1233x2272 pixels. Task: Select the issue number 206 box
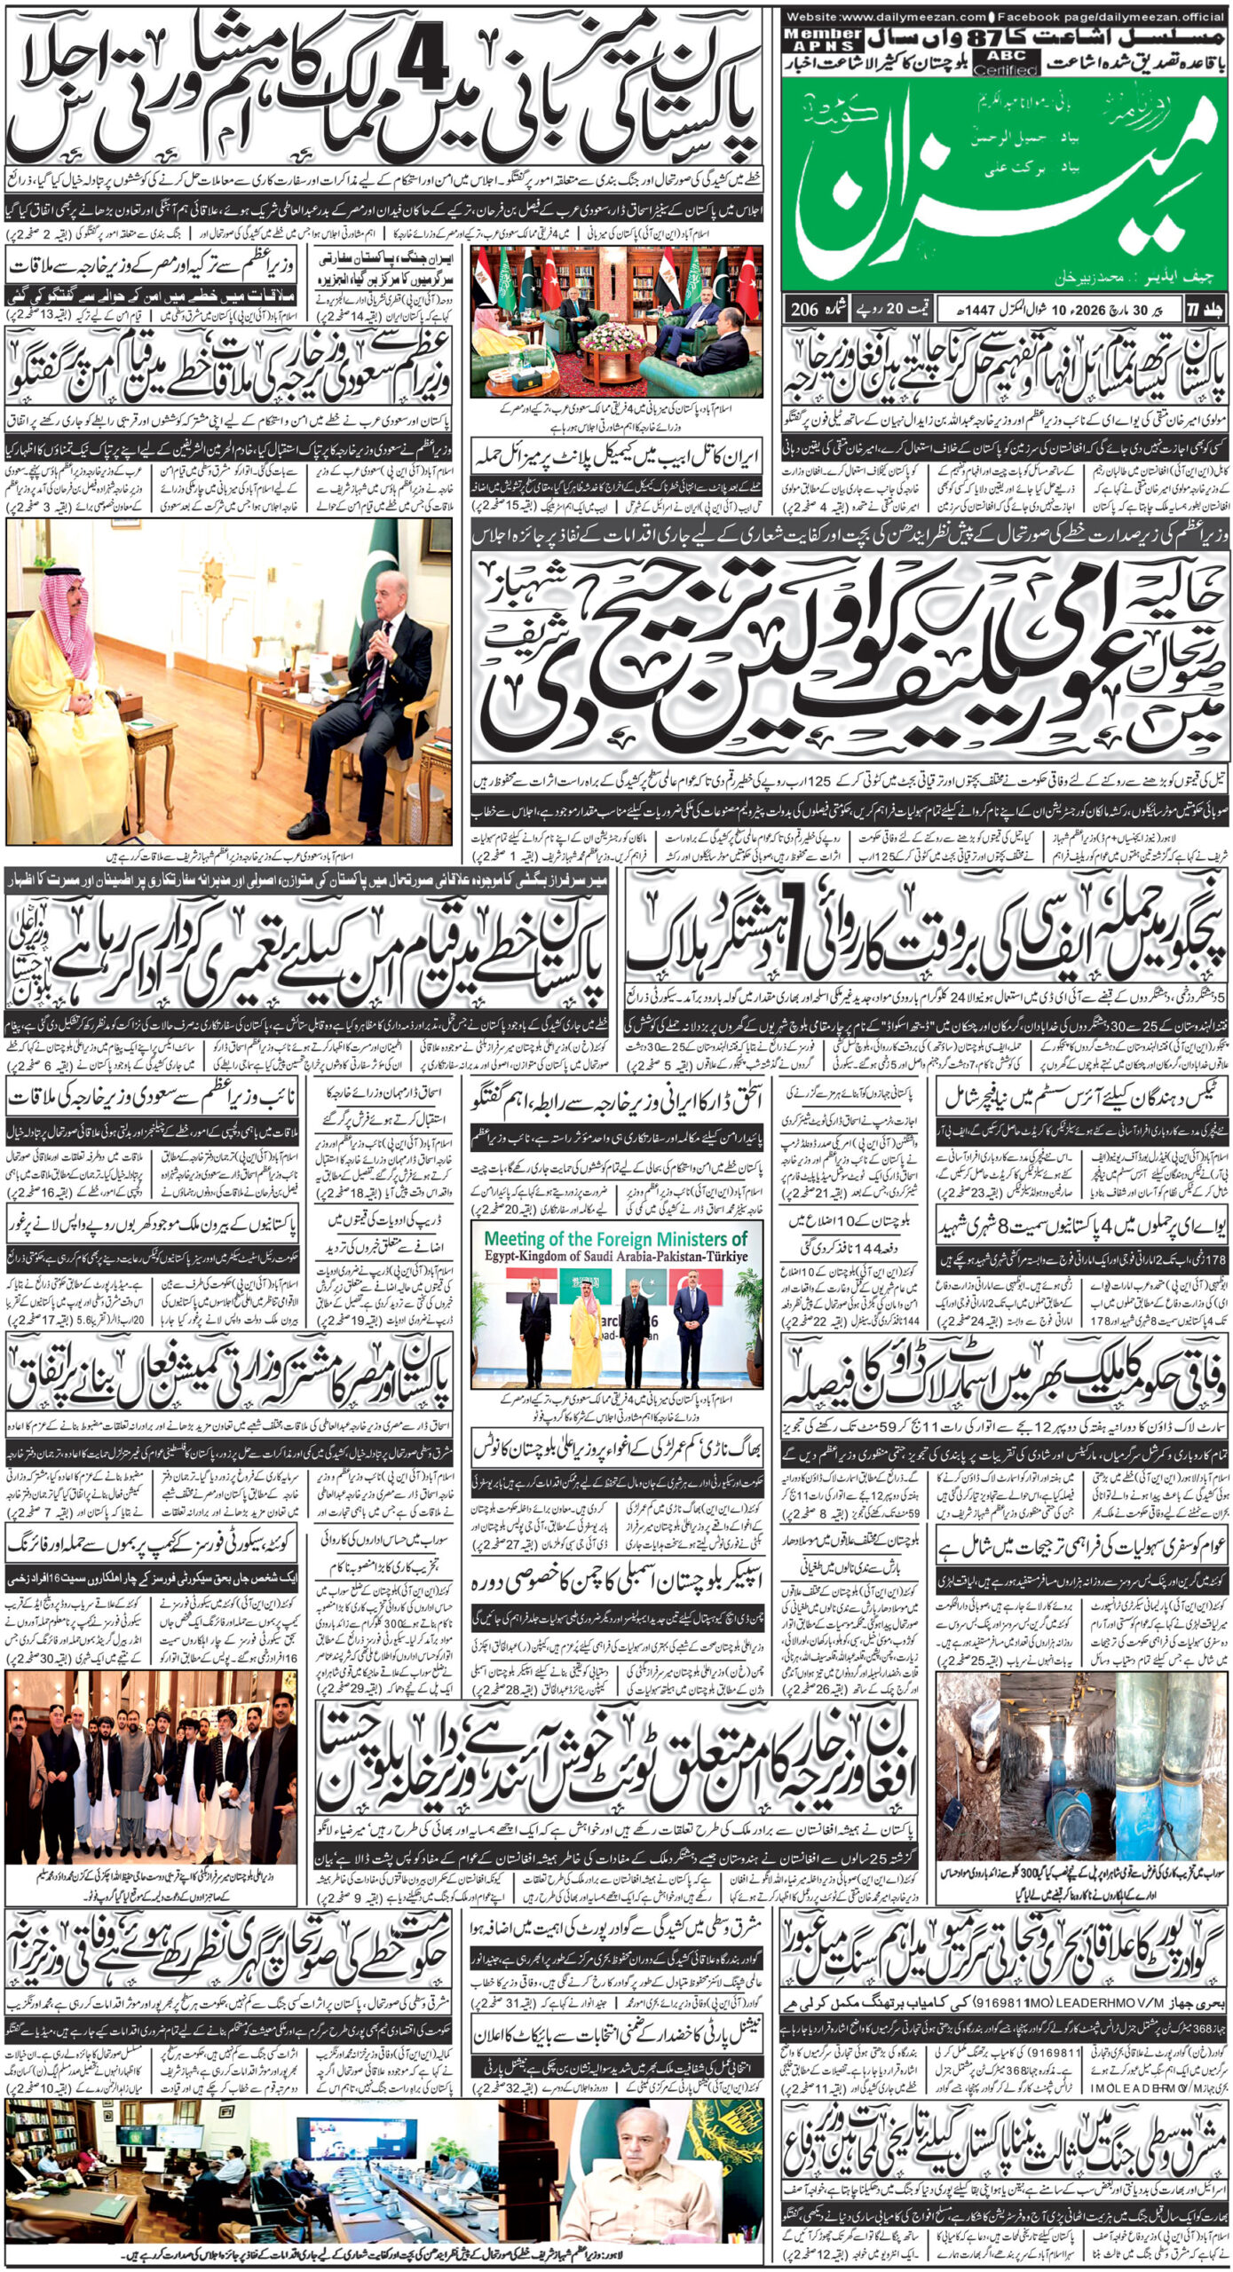click(x=813, y=310)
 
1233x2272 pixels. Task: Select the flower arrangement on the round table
click(x=613, y=339)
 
